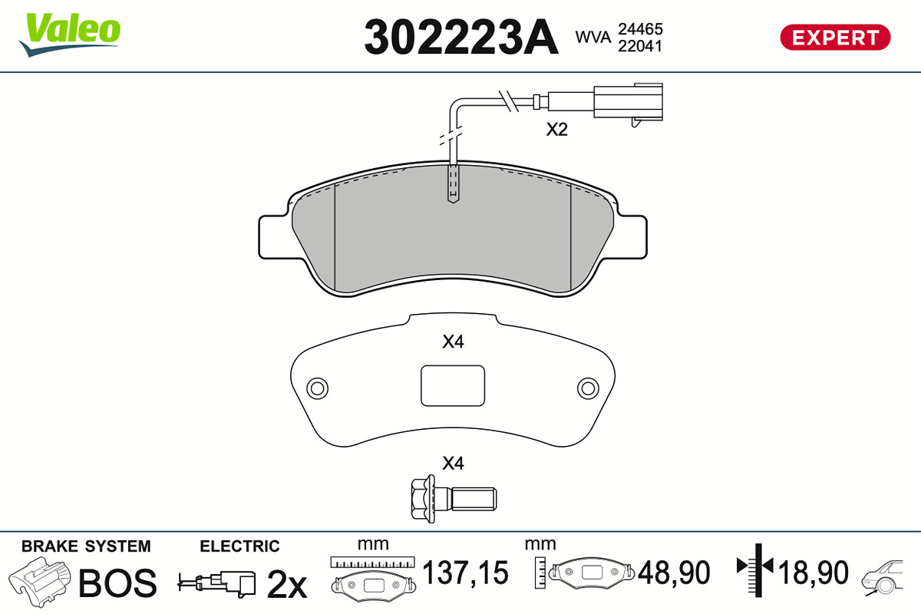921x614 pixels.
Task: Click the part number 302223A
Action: point(461,37)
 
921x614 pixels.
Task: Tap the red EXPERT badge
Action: point(835,38)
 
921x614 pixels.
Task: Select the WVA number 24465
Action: point(640,29)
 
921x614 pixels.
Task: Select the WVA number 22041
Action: point(640,46)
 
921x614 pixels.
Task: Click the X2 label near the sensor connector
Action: point(556,130)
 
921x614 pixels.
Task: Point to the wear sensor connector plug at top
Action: point(628,103)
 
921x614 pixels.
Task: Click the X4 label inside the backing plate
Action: point(453,342)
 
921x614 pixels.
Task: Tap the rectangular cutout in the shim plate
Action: point(453,386)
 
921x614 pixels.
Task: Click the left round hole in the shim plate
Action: point(318,388)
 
